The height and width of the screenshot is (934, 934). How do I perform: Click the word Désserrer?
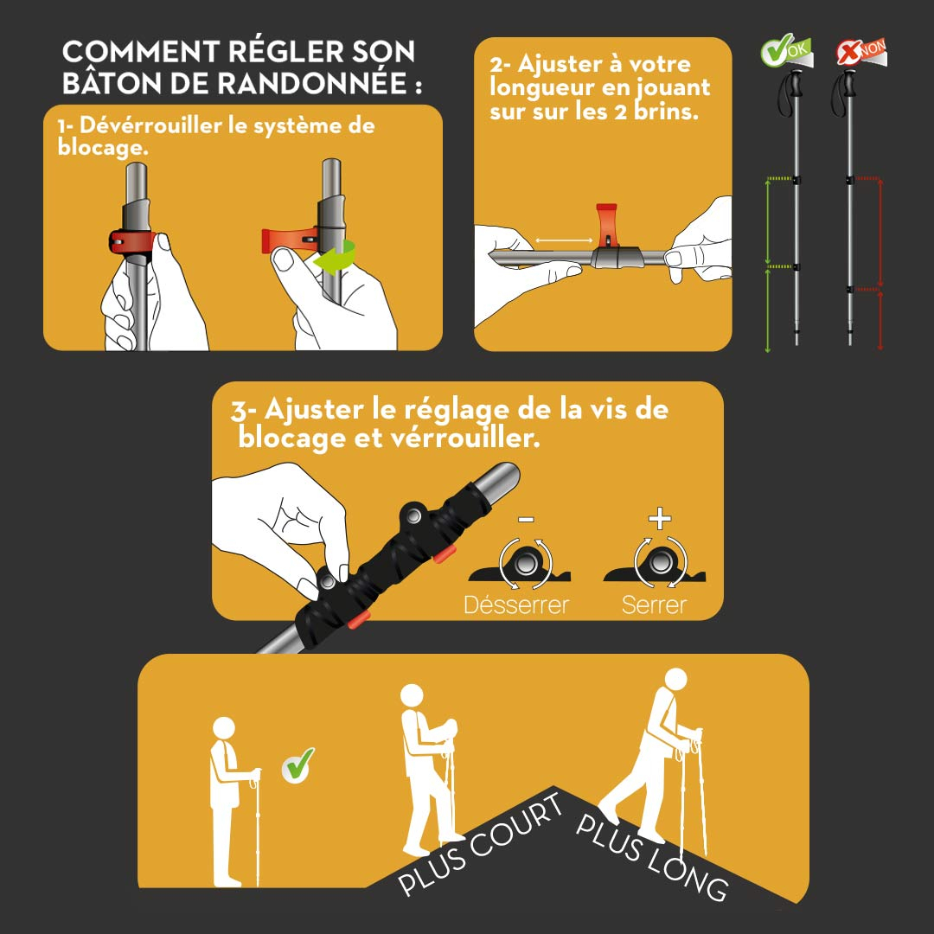tap(516, 605)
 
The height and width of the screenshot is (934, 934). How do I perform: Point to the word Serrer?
tap(654, 605)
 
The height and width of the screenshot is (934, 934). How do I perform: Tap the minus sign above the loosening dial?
tap(526, 520)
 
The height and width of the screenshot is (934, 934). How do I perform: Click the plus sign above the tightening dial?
tap(660, 519)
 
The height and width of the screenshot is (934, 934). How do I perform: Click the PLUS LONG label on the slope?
tap(653, 855)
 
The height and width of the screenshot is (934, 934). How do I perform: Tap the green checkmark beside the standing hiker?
tap(299, 764)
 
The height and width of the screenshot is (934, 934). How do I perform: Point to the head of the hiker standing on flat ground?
tap(224, 727)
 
